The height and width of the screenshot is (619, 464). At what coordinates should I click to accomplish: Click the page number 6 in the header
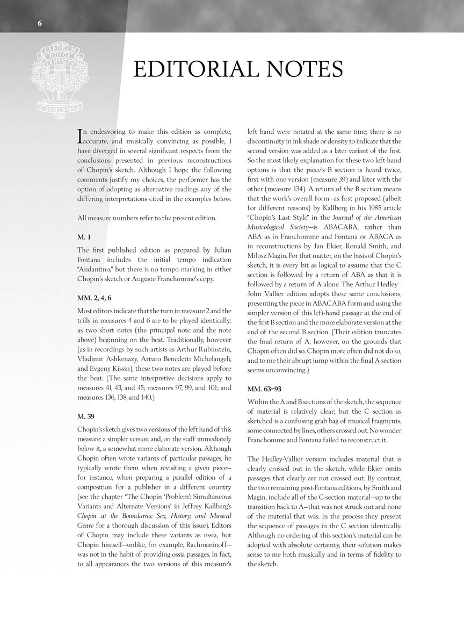(40, 23)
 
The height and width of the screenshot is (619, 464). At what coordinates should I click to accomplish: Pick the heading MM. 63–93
(266, 388)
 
